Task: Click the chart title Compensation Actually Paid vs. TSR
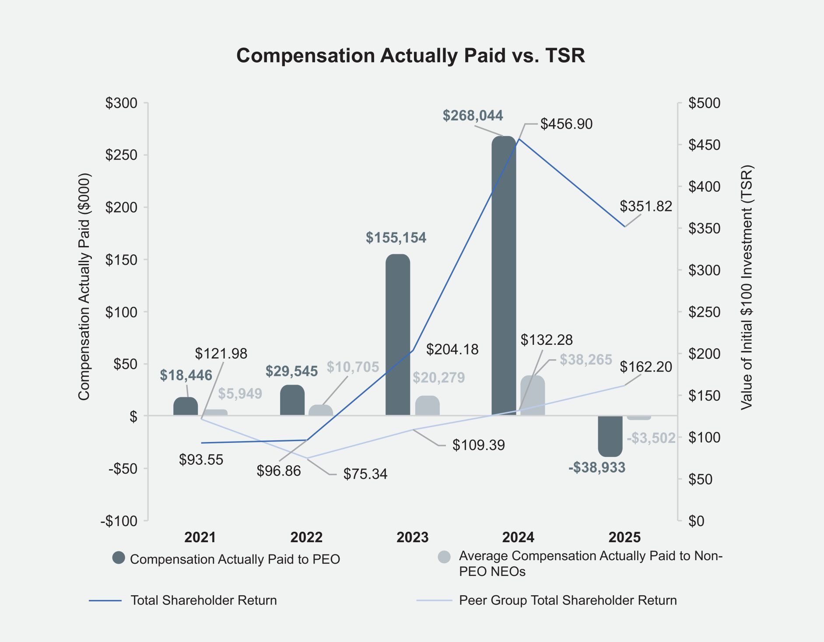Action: pos(410,56)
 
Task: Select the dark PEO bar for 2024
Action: pos(504,276)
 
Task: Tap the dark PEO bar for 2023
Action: pos(398,335)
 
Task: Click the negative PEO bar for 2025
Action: pos(610,436)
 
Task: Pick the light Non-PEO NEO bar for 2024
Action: pos(533,396)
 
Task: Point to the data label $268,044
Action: pos(473,116)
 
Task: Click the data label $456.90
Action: pos(566,124)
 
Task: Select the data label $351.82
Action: pos(645,206)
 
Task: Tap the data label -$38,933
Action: pos(597,468)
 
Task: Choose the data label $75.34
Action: pos(365,474)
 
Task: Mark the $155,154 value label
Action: pos(396,238)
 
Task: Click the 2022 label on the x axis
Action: pos(306,537)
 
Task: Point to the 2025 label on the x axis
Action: pos(624,537)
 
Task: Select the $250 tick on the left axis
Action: pos(121,155)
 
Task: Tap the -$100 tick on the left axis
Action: pos(119,521)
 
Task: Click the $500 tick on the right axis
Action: pos(704,103)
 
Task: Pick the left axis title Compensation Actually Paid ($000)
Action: pos(84,287)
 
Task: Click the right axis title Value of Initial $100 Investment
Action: pos(746,287)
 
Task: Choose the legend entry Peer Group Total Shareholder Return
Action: pos(568,600)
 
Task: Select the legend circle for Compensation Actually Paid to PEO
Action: pos(119,558)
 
